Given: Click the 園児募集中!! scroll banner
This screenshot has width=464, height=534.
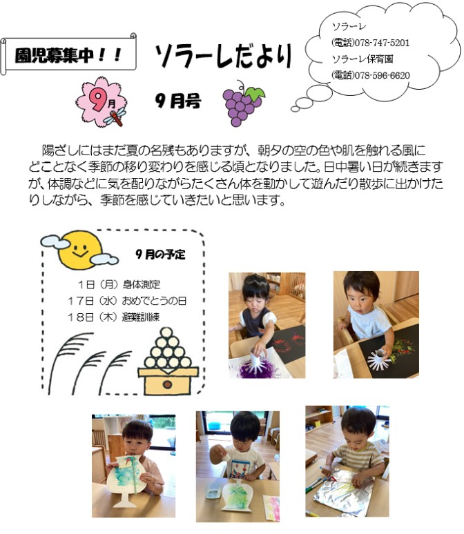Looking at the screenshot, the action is tap(68, 54).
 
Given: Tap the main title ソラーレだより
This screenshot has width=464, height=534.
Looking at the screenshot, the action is tap(223, 57).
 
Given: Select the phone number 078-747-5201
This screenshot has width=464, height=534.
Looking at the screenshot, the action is tap(382, 43).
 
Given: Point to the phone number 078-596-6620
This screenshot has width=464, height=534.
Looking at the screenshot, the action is tap(382, 75).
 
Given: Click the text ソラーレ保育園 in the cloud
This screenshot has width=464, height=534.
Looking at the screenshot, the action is tap(362, 59).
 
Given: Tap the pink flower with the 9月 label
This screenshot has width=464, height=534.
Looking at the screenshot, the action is tap(101, 101).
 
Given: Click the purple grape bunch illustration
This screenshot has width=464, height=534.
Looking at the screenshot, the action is tap(243, 103).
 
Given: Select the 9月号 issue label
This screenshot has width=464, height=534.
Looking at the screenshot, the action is tap(178, 101).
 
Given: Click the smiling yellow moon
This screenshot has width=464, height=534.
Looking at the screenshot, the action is tap(80, 250).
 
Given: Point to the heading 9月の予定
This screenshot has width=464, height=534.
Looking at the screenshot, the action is tap(160, 254).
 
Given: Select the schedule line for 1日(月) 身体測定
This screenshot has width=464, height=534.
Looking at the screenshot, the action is tap(119, 284).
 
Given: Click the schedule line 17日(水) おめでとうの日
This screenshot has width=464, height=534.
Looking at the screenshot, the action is tap(127, 301).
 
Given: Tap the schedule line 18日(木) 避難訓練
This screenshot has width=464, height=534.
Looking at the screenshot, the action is tap(113, 317).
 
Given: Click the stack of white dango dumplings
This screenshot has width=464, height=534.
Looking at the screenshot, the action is tap(167, 348).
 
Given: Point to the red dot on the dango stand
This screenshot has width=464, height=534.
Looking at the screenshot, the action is tap(167, 384).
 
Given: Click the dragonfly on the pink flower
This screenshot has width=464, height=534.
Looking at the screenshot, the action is tap(115, 117).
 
